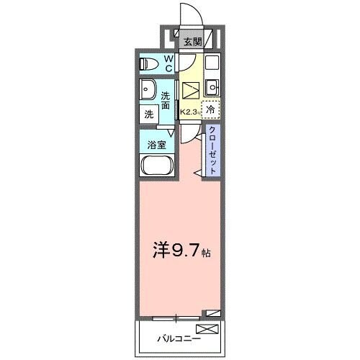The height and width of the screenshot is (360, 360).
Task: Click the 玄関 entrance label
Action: (x=191, y=42)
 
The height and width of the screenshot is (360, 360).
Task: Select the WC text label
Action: (x=168, y=63)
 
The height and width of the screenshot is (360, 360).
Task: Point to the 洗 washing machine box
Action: (x=148, y=113)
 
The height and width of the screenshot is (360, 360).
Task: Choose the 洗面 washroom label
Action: (x=166, y=99)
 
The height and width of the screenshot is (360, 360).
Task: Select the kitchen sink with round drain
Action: (x=211, y=89)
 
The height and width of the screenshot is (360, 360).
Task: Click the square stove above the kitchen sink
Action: (x=211, y=63)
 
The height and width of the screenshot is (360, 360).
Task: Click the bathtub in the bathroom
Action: (x=156, y=167)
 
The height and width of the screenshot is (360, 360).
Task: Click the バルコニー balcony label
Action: (x=178, y=337)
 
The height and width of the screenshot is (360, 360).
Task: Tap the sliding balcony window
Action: (x=176, y=316)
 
